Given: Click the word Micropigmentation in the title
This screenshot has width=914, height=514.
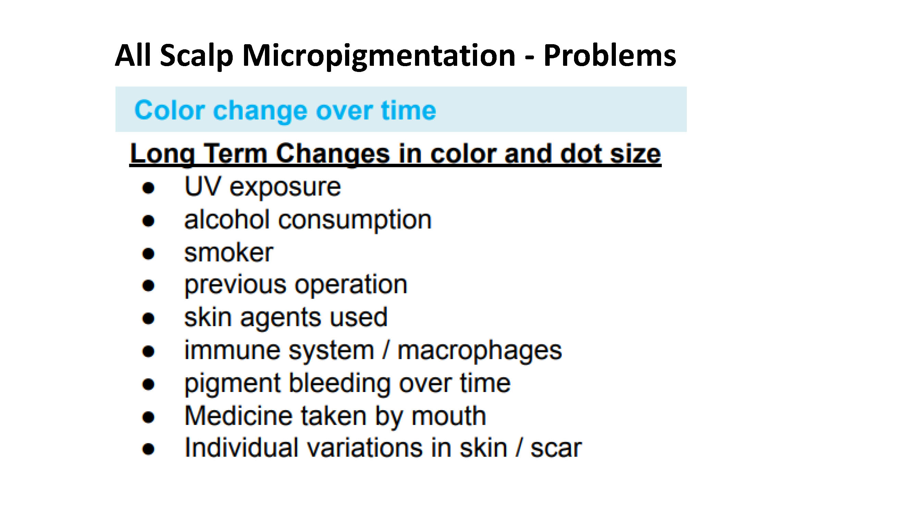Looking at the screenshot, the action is (x=379, y=56).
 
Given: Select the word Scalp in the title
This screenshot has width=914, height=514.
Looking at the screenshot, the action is (x=197, y=56).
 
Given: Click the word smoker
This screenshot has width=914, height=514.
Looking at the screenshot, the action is (x=229, y=253).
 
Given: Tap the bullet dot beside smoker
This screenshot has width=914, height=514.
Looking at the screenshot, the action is (x=148, y=254).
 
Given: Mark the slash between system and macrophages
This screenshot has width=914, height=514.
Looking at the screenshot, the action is (x=386, y=350).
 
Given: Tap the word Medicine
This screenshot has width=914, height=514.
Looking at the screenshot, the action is (x=239, y=415).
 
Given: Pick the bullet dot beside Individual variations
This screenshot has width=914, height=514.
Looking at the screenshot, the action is (x=148, y=450).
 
